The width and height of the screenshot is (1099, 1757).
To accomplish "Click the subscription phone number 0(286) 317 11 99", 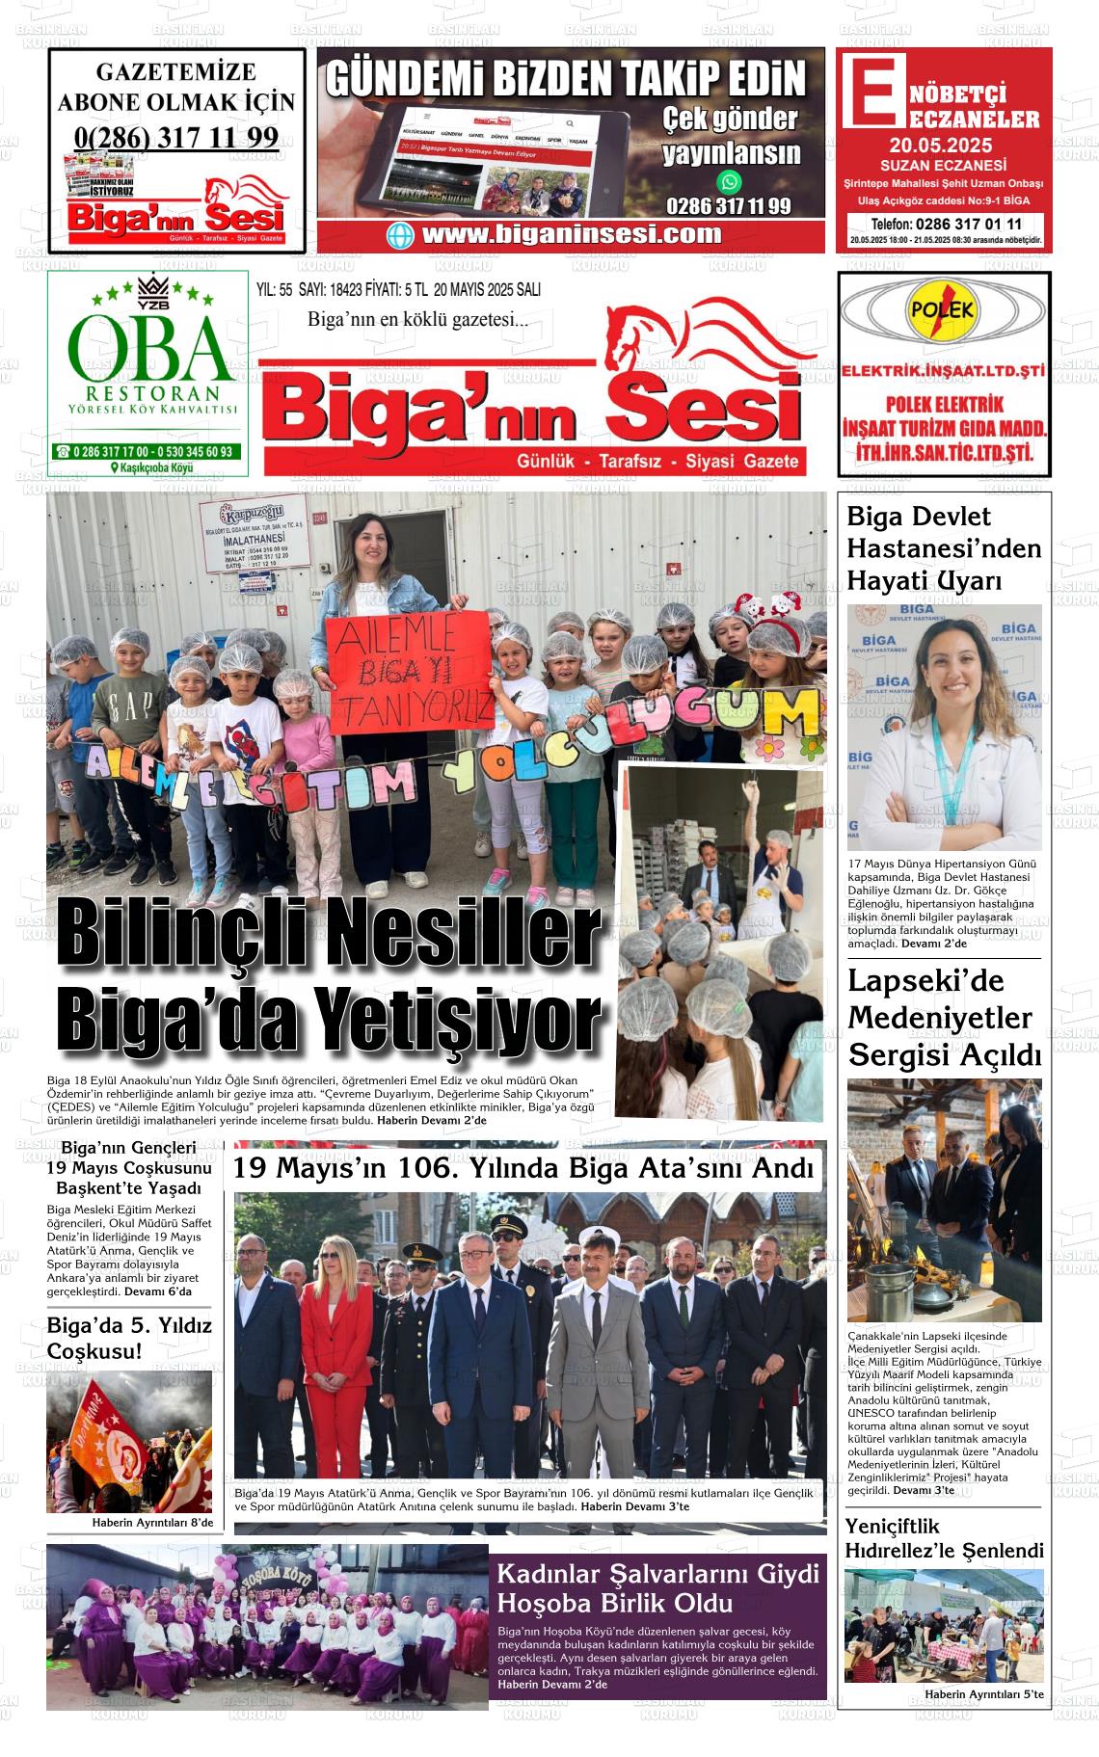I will coord(176,138).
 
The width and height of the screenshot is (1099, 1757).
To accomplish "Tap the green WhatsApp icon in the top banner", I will coord(730,181).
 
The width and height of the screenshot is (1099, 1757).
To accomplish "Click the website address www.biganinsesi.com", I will coord(571,234).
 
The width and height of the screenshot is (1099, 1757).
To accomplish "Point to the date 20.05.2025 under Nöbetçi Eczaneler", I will coord(940,146).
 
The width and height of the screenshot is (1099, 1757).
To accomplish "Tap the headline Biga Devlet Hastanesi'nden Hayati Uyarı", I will coord(943,548).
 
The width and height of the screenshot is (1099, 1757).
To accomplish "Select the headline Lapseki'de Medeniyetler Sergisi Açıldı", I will coord(944,1018).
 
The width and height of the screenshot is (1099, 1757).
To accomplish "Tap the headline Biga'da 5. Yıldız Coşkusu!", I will coord(129,1338).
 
